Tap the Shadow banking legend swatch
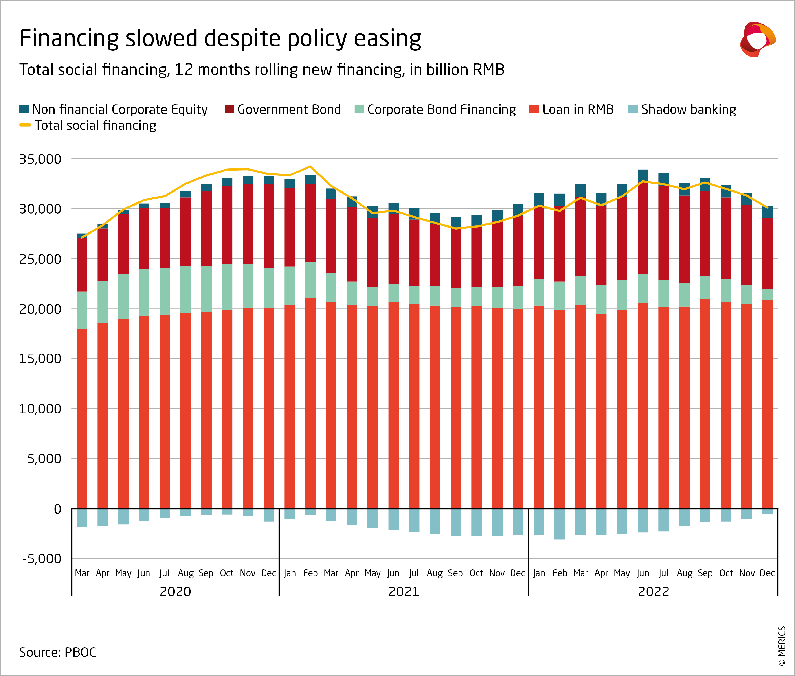point(633,110)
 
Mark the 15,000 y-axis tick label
point(40,359)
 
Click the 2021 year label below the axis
point(404,592)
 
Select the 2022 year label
point(653,592)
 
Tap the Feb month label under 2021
point(310,573)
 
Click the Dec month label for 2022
point(767,573)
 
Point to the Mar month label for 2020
point(82,573)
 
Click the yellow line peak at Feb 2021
point(310,167)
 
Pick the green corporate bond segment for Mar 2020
point(82,311)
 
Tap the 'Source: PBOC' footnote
point(57,652)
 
